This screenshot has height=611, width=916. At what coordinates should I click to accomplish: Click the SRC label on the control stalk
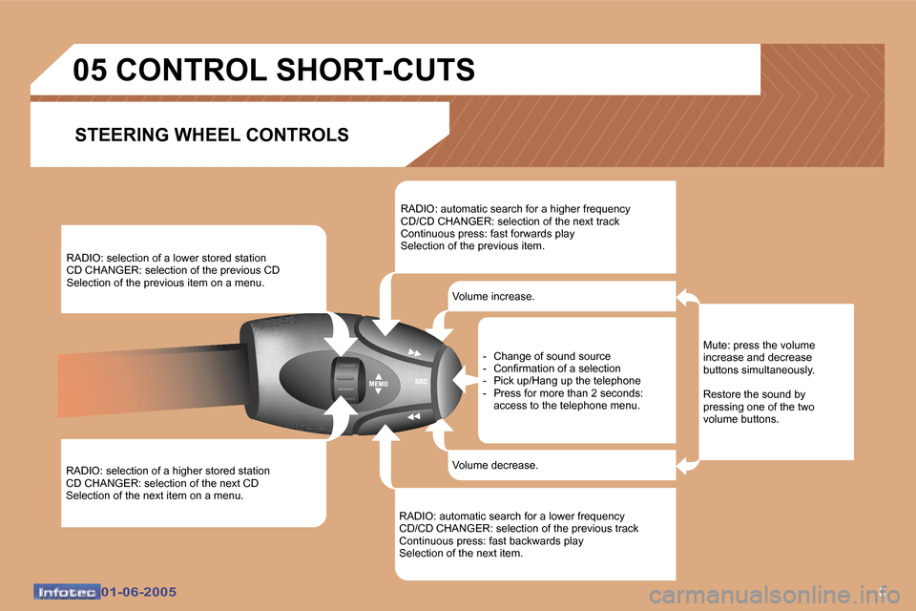pyautogui.click(x=420, y=381)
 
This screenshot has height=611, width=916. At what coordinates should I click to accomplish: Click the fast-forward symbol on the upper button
pyautogui.click(x=414, y=352)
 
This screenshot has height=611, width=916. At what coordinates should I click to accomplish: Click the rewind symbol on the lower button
pyautogui.click(x=413, y=417)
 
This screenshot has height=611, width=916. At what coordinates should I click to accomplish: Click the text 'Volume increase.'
pyautogui.click(x=493, y=297)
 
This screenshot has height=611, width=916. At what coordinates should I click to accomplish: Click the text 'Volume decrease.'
pyautogui.click(x=494, y=465)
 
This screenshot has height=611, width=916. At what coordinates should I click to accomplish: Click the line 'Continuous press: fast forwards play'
pyautogui.click(x=487, y=234)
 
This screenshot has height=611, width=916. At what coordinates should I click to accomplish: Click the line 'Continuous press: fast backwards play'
pyautogui.click(x=490, y=540)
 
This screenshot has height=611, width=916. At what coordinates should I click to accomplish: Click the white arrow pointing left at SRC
pyautogui.click(x=463, y=381)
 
